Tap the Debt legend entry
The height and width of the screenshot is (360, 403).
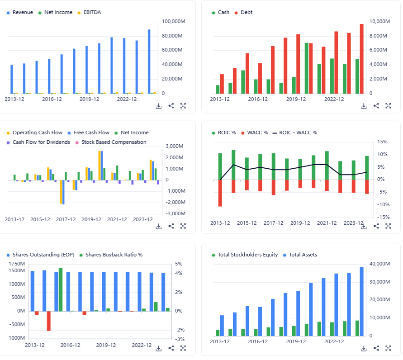coord(247,12)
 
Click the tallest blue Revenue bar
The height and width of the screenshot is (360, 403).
coord(149,62)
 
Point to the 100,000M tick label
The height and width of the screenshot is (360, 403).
coord(172,21)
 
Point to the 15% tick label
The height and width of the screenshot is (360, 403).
coord(383,142)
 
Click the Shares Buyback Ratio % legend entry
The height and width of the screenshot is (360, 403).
coord(114,255)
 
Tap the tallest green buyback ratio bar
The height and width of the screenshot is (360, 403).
coord(61,289)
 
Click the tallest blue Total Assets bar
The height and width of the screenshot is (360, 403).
coord(361,301)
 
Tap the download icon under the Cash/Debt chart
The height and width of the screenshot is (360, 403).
coord(364,106)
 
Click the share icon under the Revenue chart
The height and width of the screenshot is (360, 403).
coord(171,106)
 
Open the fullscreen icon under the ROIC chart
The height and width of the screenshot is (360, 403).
coord(388,226)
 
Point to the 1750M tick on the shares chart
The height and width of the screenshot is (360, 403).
coord(16,270)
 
